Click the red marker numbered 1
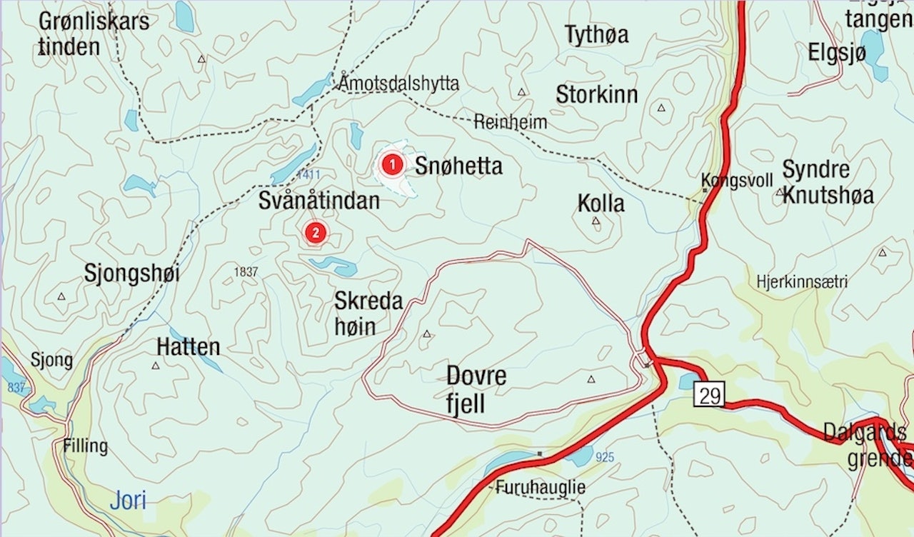pos(391,166)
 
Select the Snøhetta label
pos(458,166)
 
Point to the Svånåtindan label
pos(318,201)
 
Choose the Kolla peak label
pos(601,204)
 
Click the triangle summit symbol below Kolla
pos(596,221)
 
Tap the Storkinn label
pos(597,95)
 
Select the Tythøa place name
pos(596,35)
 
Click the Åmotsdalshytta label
pos(399,84)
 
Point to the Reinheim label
pos(511,122)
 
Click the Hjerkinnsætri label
pos(802,282)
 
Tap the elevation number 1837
pos(245,272)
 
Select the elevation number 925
pos(604,457)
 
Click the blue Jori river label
pos(128,500)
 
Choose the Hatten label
pos(188,348)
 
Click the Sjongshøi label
pos(131,273)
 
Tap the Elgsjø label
pos(837,53)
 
